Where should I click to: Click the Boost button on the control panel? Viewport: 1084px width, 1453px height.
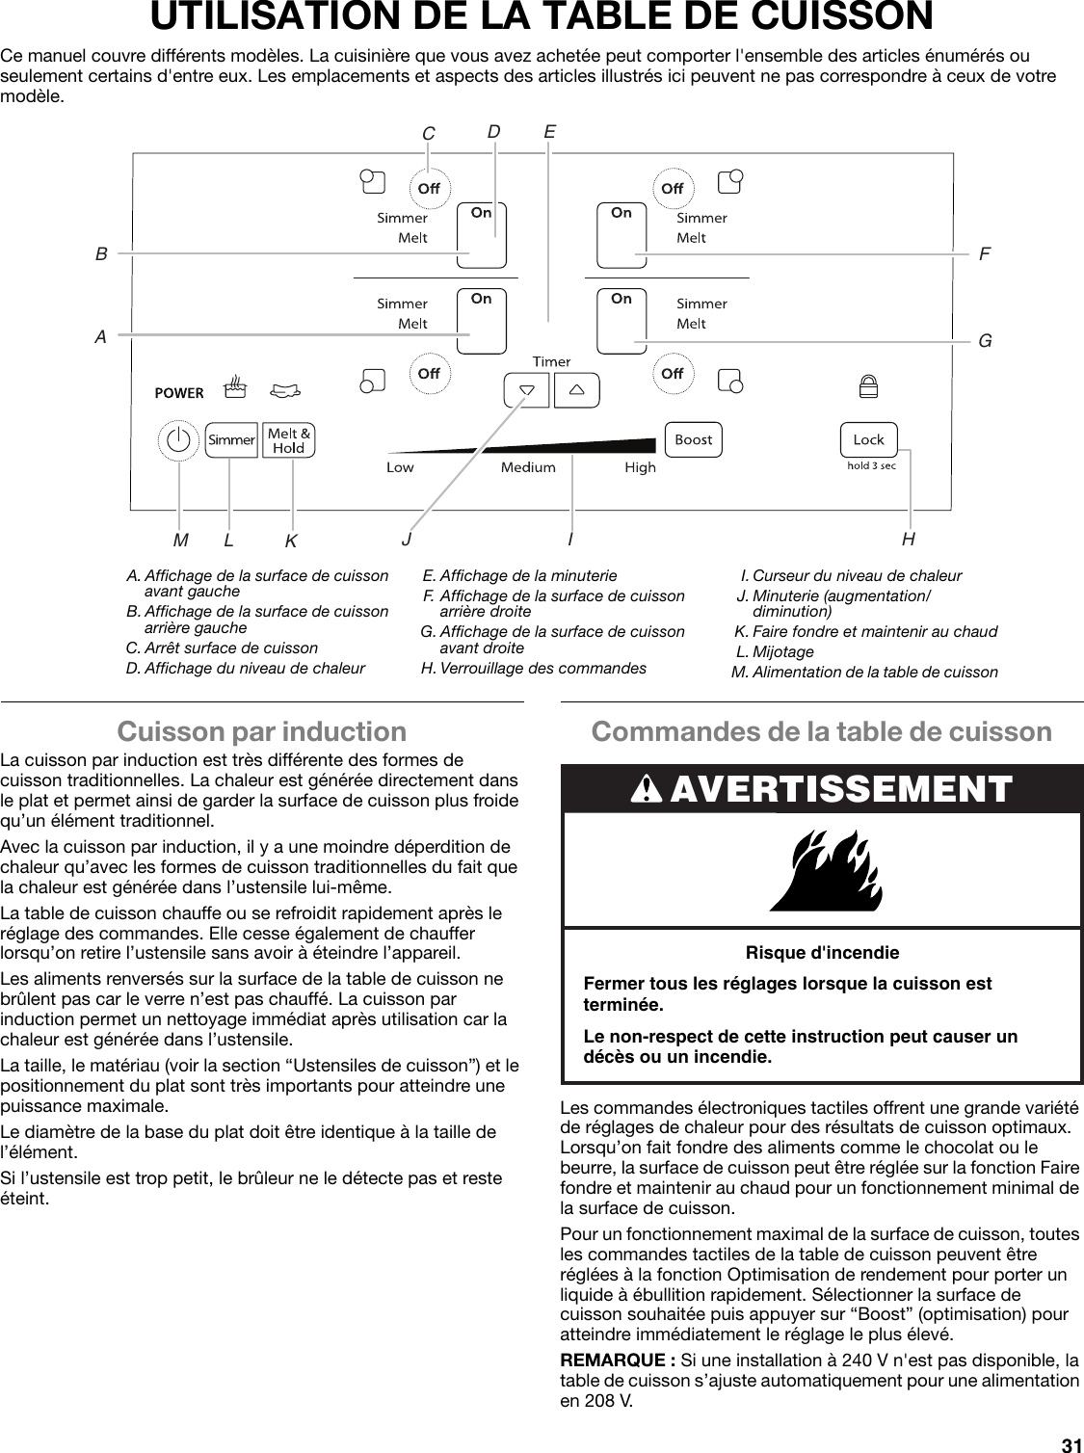[x=693, y=439]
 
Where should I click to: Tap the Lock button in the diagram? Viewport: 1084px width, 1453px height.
[x=868, y=439]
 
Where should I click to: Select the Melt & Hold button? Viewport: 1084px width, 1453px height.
[x=288, y=440]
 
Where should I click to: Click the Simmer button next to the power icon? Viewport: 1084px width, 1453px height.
[x=231, y=440]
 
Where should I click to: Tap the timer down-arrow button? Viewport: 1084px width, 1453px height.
[x=526, y=390]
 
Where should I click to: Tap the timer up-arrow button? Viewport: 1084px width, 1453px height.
[x=576, y=390]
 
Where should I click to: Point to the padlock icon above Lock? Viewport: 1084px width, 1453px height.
[x=868, y=388]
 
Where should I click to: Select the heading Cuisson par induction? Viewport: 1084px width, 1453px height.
[x=261, y=732]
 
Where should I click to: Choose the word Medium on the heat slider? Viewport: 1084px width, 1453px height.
[x=528, y=467]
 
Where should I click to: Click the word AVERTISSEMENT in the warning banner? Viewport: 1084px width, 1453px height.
[x=840, y=789]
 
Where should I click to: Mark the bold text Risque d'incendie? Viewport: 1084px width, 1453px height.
[x=822, y=953]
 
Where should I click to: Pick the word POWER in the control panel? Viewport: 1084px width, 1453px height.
[x=179, y=393]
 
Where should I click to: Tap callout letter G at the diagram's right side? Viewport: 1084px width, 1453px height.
[x=985, y=341]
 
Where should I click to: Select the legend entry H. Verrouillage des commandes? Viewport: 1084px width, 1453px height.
[x=534, y=669]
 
